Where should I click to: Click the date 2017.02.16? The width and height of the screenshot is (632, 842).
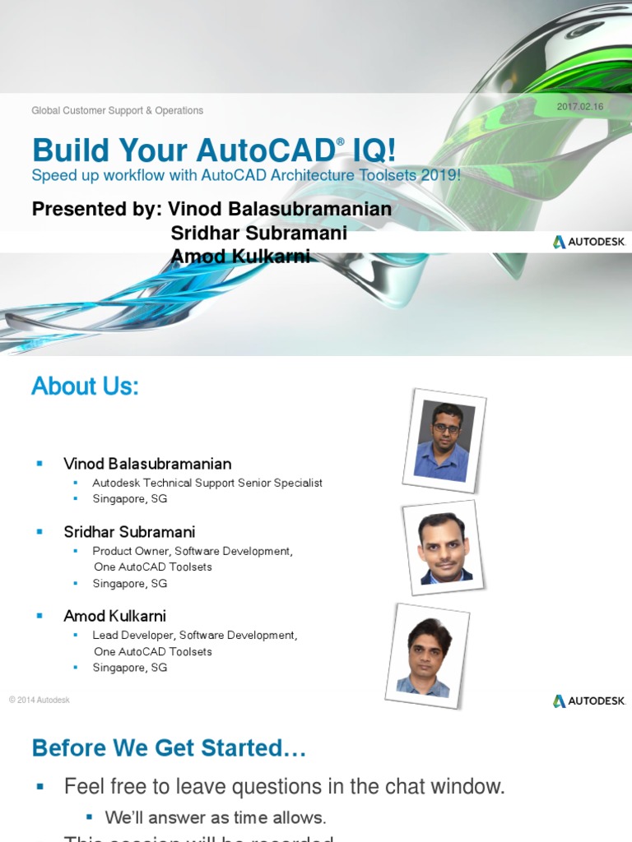pos(580,107)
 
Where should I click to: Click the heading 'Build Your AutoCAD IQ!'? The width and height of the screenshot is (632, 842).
pos(214,150)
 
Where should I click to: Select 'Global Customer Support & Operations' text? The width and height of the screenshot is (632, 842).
pos(117,110)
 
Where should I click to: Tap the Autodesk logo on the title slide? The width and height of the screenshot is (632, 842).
pos(589,242)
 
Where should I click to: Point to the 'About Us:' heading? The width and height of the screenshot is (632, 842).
pos(85,386)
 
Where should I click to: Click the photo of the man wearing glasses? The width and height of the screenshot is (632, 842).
pos(444,442)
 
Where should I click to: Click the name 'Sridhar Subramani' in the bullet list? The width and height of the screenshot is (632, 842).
pos(129,532)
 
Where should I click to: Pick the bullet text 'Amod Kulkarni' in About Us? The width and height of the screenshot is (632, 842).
pos(114,616)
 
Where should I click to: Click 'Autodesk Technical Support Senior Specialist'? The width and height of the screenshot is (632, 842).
pos(207,483)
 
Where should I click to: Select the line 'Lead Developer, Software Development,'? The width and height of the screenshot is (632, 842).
pos(194,635)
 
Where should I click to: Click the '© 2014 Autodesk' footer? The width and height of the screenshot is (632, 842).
pos(39,700)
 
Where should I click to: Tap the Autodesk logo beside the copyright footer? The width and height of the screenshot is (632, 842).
pos(589,701)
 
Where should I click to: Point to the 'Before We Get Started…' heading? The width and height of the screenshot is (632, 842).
pos(169,748)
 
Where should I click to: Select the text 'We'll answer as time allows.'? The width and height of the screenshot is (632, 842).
pos(216,817)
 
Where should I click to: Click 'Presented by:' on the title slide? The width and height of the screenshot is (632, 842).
pos(96,209)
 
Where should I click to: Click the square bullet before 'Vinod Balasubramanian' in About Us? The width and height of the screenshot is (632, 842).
pos(39,464)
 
